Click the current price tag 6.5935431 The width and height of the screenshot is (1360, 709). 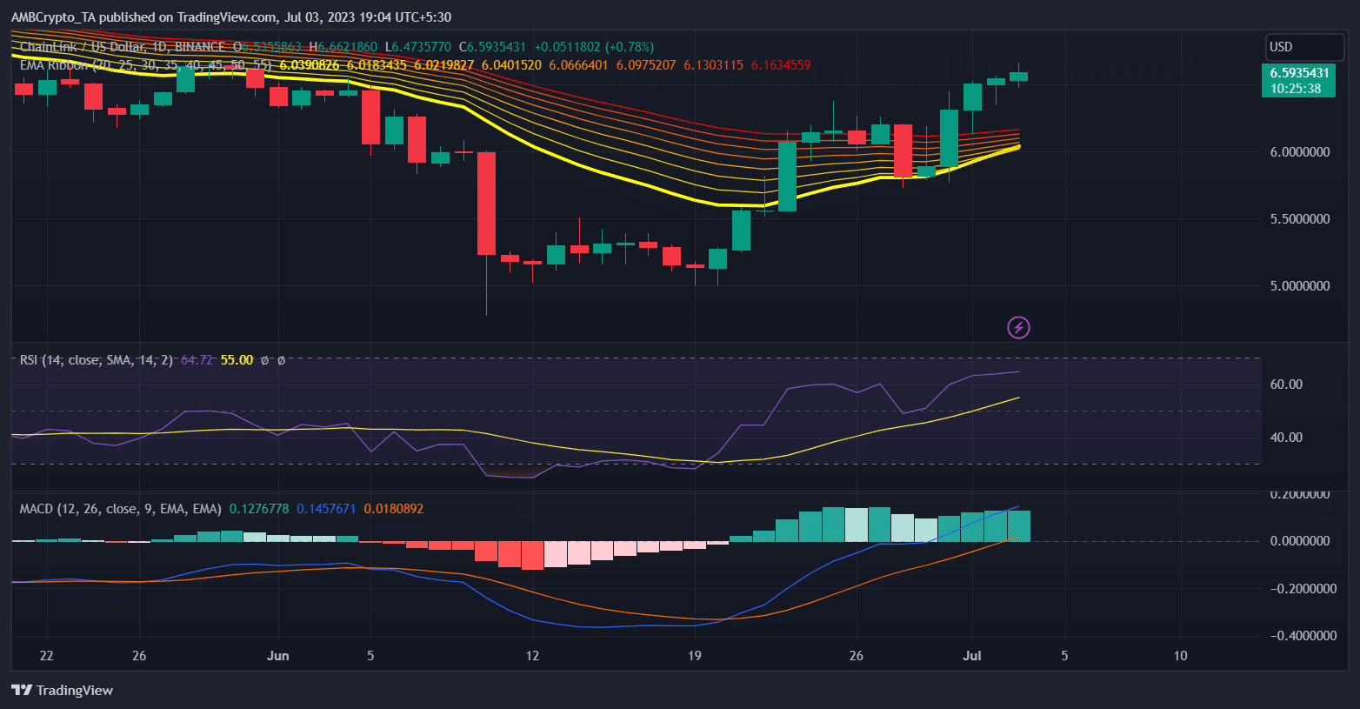1299,73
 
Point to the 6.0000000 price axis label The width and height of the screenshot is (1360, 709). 1300,152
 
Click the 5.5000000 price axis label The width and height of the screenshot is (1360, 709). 1300,219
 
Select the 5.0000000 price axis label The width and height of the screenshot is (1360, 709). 1300,286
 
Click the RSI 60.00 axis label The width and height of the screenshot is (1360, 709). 1286,385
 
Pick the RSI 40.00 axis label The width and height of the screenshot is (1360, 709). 1286,438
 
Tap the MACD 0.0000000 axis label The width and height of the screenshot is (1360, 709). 1300,541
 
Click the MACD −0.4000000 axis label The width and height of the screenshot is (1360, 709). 1300,636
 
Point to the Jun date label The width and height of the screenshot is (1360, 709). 277,656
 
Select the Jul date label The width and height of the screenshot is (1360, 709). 972,656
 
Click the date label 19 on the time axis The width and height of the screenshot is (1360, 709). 694,656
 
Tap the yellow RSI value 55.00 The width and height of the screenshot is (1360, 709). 237,360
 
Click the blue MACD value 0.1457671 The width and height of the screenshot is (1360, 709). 326,509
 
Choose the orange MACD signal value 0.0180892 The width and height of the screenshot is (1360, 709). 394,509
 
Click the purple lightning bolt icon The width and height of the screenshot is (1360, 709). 1018,327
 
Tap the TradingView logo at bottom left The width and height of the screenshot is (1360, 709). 63,691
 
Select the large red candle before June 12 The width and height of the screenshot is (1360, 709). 486,204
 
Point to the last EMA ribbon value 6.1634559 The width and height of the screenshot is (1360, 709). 781,65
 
